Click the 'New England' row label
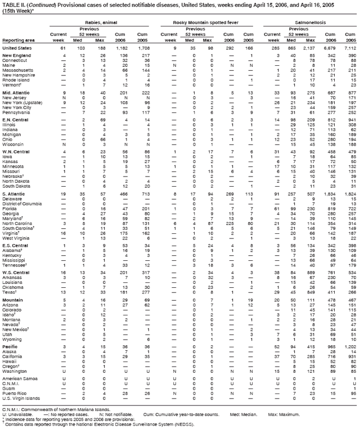point(15,56)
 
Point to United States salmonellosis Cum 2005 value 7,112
point(349,49)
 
